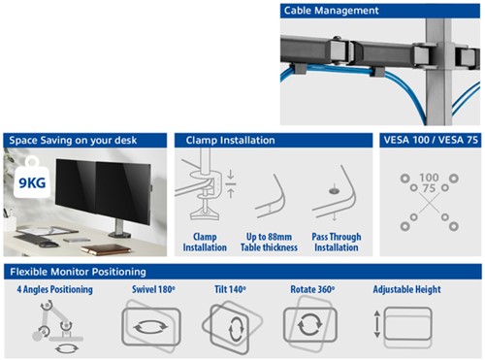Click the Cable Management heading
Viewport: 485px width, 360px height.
pos(332,11)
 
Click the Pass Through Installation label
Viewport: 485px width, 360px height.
pos(336,242)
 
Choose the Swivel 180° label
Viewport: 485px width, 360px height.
pos(152,290)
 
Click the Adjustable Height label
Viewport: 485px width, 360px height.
pos(406,290)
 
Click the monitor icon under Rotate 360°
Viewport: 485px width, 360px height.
pos(310,326)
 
